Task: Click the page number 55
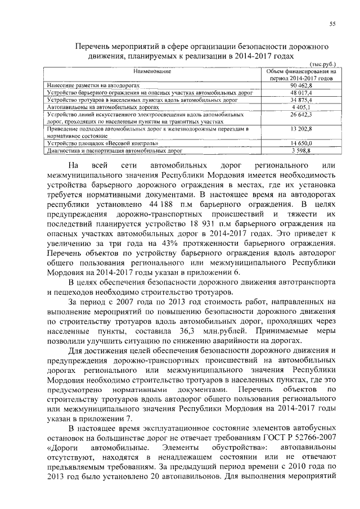(332, 23)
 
